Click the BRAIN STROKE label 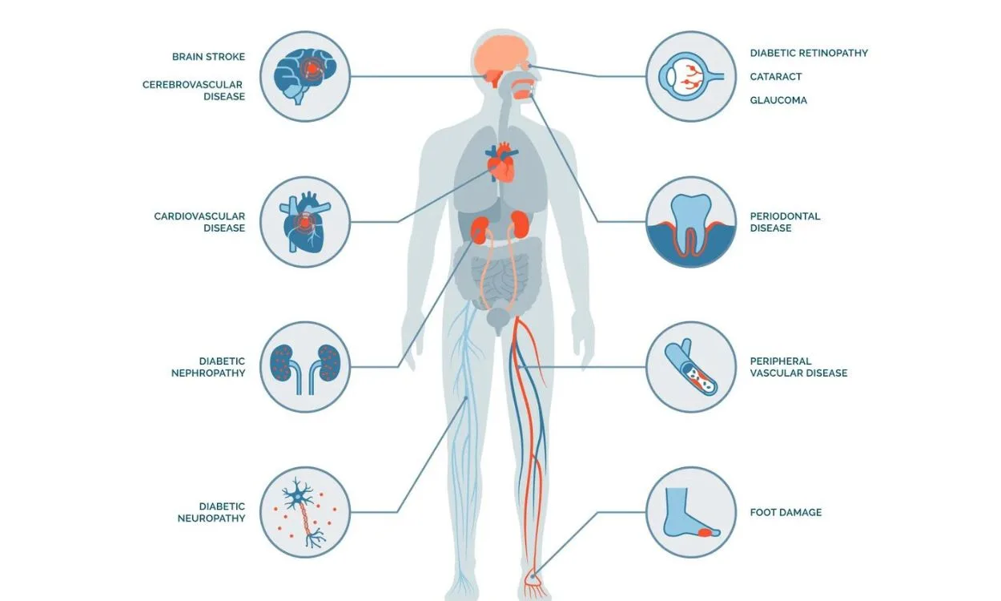click(x=208, y=57)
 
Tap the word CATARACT click(x=776, y=76)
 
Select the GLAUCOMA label click(x=778, y=100)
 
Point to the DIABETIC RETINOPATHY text click(x=809, y=53)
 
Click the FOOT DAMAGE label click(x=786, y=512)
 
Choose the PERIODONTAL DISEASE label click(x=785, y=222)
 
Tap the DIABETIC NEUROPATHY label click(x=211, y=512)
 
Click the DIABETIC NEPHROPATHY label click(x=208, y=367)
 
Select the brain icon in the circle click(x=305, y=76)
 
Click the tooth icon click(x=691, y=226)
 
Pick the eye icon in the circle click(x=691, y=76)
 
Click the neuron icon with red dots click(x=305, y=512)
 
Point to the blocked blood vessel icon click(x=691, y=367)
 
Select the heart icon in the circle click(x=305, y=222)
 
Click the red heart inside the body click(x=501, y=163)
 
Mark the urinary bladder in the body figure click(x=499, y=318)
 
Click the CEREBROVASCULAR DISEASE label click(x=194, y=91)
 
